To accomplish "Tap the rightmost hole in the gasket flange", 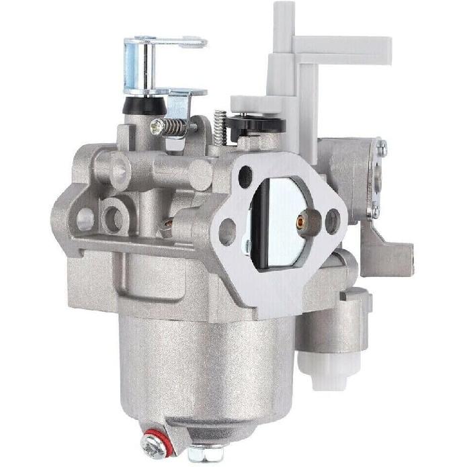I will coord(333,220).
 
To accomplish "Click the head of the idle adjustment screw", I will coord(155,124).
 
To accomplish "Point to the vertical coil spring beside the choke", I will coord(218,124).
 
